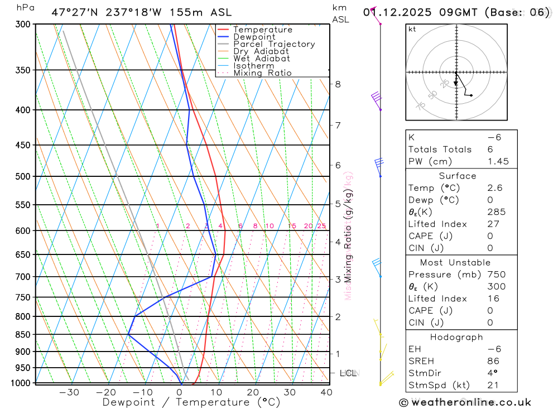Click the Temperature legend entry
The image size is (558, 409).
point(262,30)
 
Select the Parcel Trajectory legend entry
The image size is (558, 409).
point(274,44)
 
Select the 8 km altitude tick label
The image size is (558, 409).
point(338,84)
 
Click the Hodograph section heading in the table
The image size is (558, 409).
point(456,337)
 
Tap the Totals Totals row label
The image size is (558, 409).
point(440,150)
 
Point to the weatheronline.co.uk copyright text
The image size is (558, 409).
point(465,402)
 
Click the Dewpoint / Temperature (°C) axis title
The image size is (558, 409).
point(191,402)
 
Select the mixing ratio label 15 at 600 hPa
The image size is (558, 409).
point(292,226)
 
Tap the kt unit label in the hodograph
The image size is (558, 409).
point(412,30)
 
